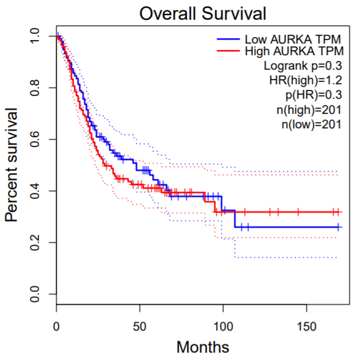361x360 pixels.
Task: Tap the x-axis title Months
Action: [203, 347]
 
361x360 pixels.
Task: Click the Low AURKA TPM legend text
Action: [288, 39]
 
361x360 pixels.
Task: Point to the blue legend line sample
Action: [229, 39]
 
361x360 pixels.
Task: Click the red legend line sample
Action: [229, 52]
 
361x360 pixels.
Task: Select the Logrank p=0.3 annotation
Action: [302, 65]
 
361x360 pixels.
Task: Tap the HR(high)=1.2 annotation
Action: [305, 80]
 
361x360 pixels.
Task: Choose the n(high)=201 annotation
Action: [308, 109]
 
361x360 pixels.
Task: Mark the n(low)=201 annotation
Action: [309, 123]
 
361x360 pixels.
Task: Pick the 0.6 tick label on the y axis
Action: [35, 139]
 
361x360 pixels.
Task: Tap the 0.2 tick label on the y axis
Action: [35, 242]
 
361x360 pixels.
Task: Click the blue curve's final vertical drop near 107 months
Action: [235, 218]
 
